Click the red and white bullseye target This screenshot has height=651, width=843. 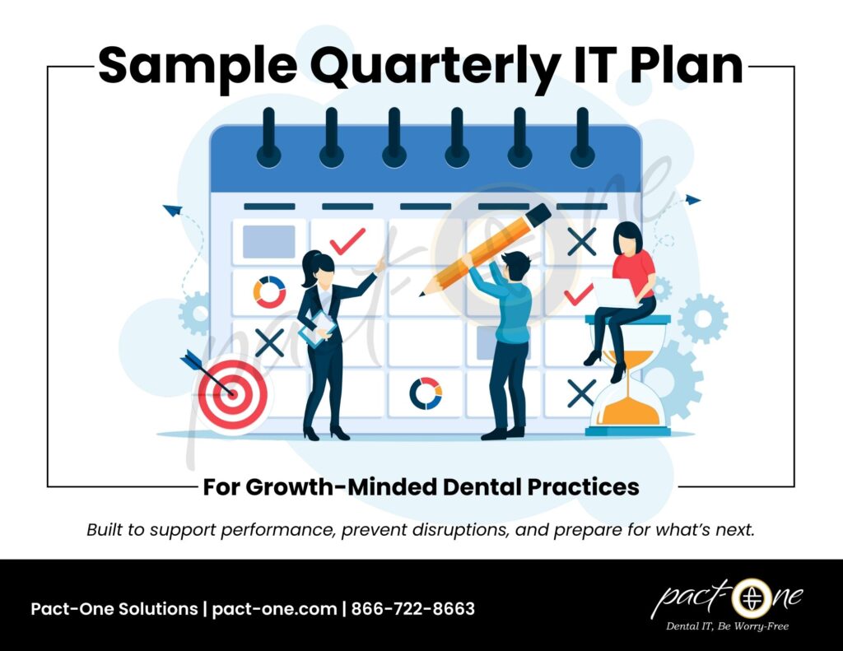click(x=231, y=393)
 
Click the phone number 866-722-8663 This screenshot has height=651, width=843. click(x=413, y=609)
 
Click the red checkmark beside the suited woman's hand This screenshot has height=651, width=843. click(x=347, y=241)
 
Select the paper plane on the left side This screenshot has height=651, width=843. click(x=172, y=211)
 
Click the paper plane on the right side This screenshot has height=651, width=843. click(x=692, y=199)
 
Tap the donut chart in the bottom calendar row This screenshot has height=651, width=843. click(x=426, y=393)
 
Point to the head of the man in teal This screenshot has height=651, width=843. click(x=515, y=265)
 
